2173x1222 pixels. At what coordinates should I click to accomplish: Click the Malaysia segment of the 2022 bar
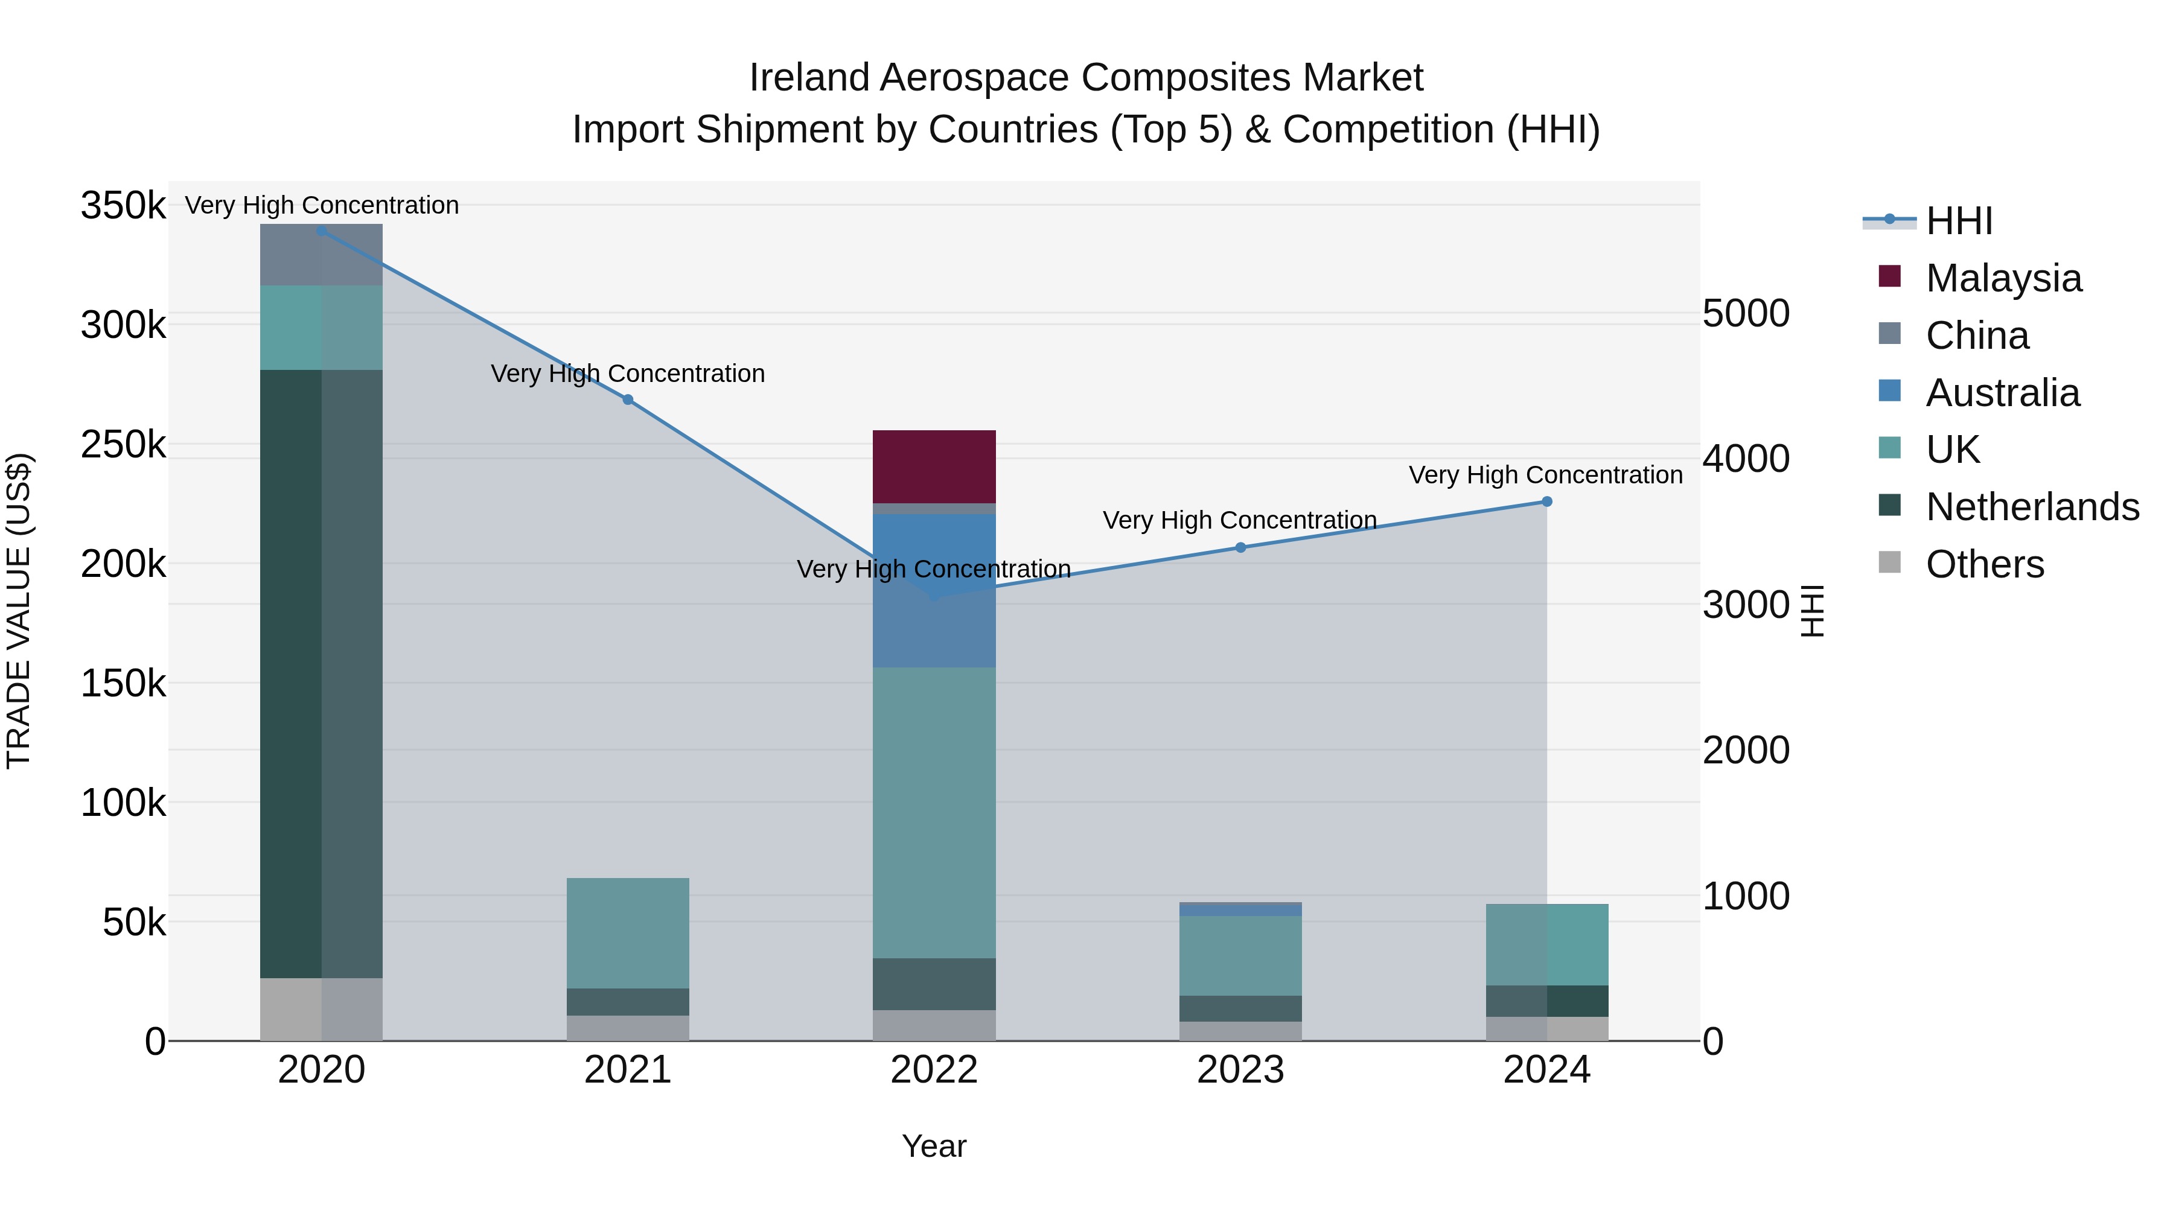(934, 466)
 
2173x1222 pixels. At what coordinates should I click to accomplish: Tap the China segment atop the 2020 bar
(321, 255)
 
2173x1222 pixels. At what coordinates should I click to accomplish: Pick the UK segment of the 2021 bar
(628, 933)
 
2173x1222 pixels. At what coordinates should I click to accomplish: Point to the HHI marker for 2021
(628, 399)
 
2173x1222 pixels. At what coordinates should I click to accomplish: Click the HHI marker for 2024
(1546, 502)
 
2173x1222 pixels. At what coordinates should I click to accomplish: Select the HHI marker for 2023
(1240, 547)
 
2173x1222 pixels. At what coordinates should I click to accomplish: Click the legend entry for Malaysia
(2003, 278)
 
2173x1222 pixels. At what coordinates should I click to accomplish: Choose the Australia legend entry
(2002, 393)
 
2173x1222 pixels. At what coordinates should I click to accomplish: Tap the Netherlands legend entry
(2031, 507)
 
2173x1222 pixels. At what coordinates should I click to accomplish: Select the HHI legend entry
(1959, 221)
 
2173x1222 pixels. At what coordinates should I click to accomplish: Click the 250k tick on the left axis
(123, 444)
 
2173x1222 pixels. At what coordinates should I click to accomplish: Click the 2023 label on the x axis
(1240, 1070)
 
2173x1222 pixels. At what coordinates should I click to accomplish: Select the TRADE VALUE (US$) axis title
(19, 611)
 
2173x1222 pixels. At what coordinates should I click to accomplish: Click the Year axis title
(934, 1146)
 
